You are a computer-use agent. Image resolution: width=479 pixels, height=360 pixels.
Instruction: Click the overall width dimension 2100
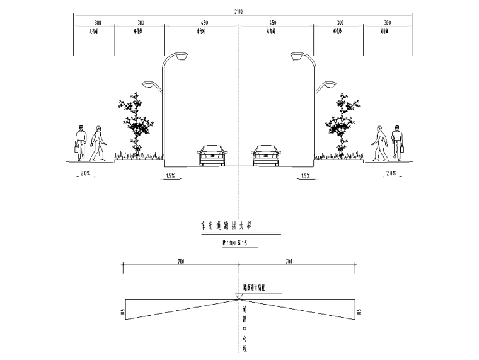(x=238, y=11)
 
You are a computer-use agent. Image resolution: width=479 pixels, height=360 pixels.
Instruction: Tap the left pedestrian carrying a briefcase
(x=80, y=142)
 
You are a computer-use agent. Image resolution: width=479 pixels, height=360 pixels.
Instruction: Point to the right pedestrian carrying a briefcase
(x=396, y=142)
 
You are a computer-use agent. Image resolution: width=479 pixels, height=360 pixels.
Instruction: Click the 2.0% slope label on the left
(x=85, y=173)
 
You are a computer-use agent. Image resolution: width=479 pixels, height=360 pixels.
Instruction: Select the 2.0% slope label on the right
(x=391, y=173)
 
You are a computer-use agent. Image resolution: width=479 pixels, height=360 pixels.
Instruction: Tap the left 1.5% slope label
(x=170, y=176)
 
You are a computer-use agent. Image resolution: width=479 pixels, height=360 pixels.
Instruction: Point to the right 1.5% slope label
(x=306, y=176)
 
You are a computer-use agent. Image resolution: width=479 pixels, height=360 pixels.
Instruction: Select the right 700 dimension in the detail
(x=289, y=260)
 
